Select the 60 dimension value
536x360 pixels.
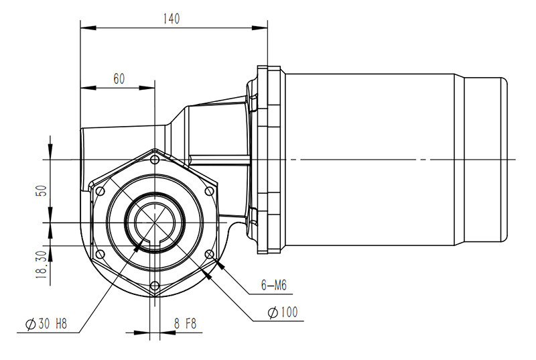[x=118, y=78]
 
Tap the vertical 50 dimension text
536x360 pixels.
[x=42, y=190]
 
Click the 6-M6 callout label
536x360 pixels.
[x=273, y=286]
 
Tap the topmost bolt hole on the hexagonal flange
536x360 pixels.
[x=155, y=159]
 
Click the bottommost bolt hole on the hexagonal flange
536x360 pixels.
[x=155, y=286]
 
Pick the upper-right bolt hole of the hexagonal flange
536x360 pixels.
[x=209, y=191]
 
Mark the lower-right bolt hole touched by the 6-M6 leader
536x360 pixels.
[x=209, y=255]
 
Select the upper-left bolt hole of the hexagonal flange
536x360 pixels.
[x=100, y=191]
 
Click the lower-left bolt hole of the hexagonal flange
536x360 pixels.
[x=100, y=255]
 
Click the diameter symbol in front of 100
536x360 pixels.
[x=272, y=313]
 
